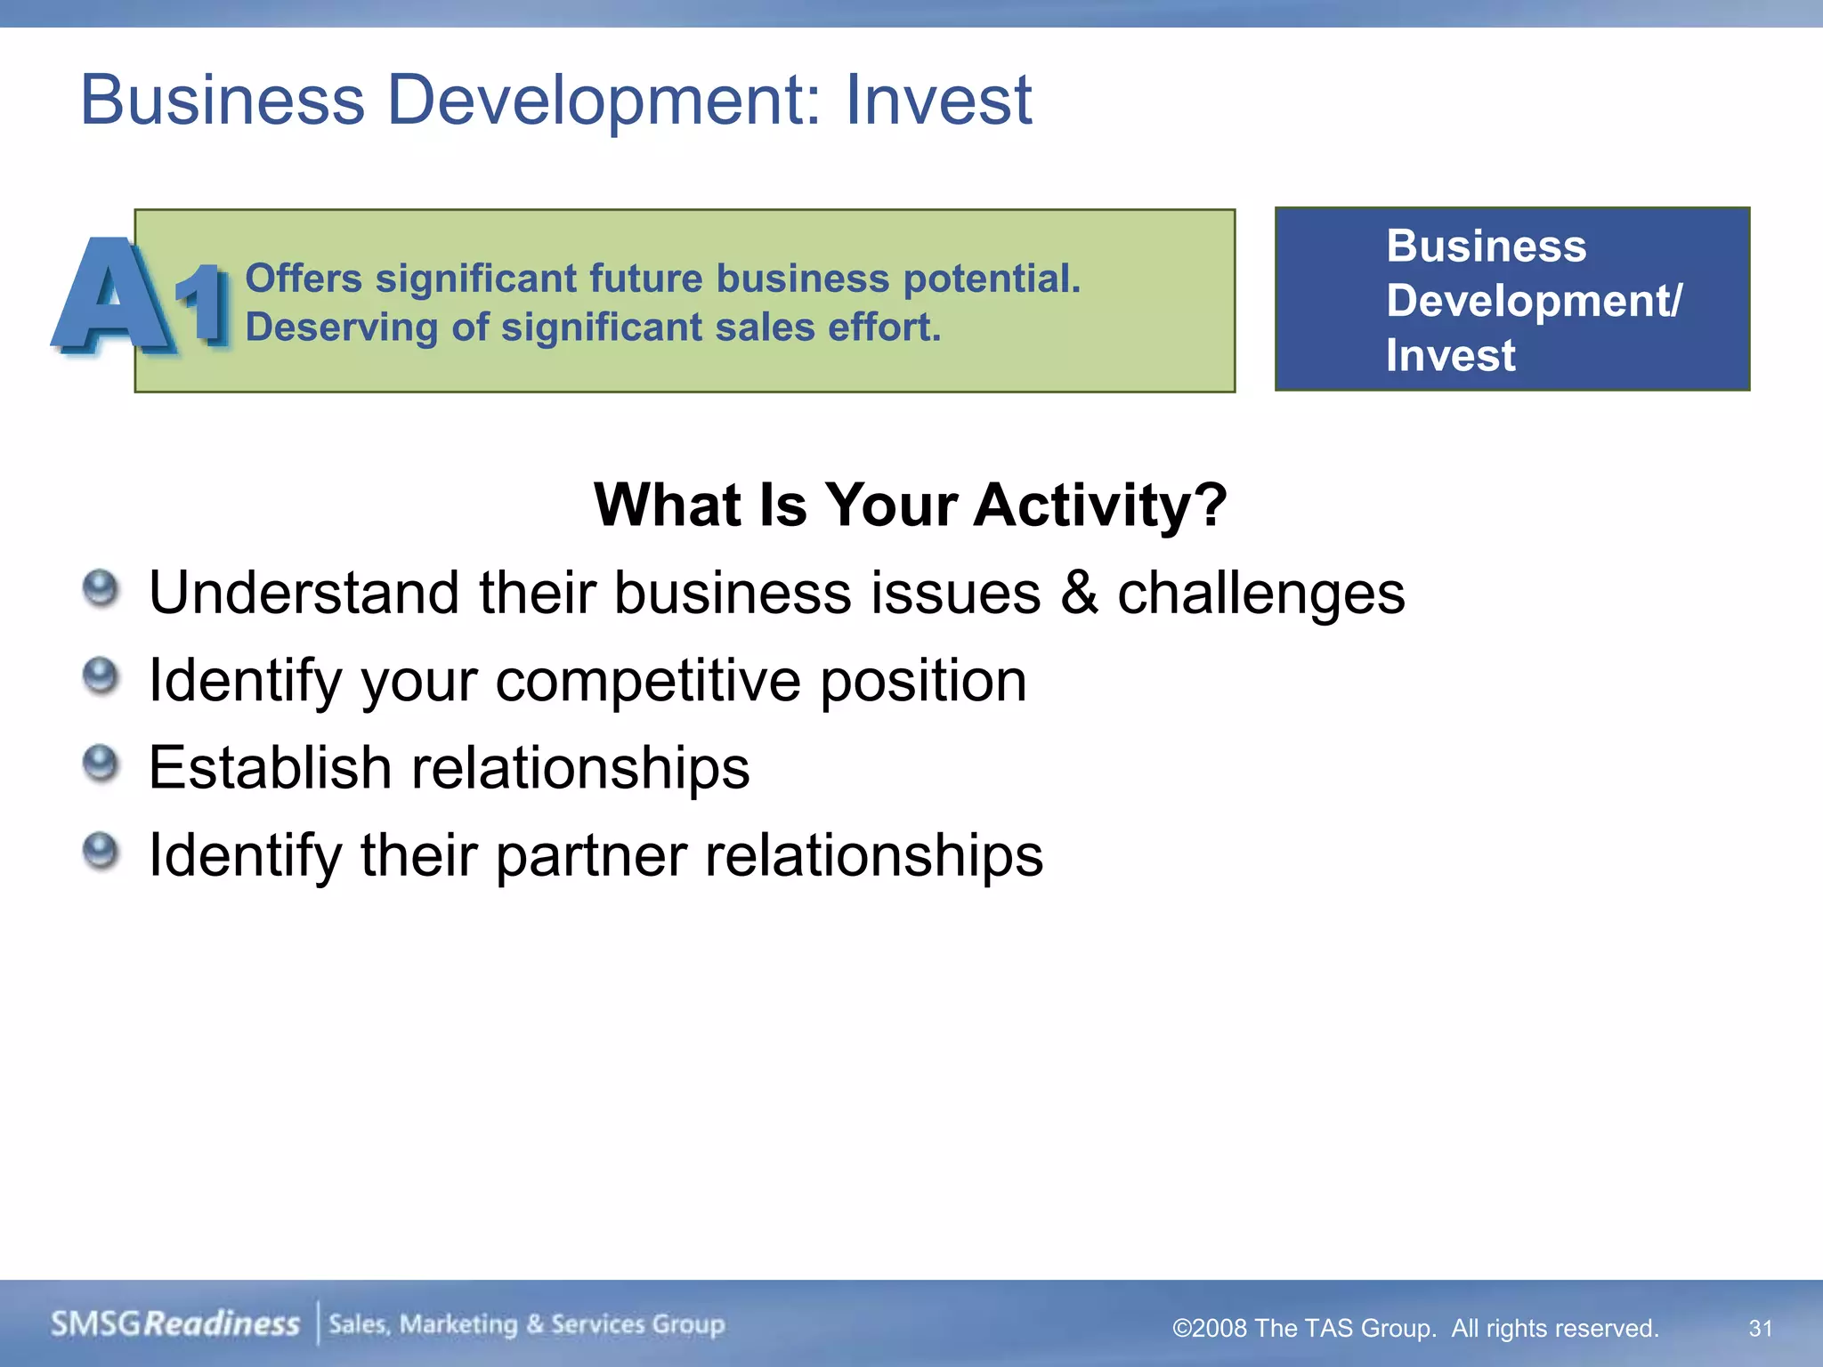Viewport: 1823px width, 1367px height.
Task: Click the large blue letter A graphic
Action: pos(110,298)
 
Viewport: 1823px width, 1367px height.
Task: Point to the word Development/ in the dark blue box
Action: pos(1534,301)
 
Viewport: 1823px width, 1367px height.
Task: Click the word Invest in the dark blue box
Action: pos(1450,356)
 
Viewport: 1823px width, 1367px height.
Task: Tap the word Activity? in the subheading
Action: pos(1099,506)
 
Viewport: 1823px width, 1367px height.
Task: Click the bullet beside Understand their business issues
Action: pos(101,589)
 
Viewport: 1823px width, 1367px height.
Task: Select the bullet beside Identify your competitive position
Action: pos(101,676)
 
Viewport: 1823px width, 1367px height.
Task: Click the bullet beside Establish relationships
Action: pos(101,764)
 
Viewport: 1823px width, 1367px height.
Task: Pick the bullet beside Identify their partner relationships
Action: pos(101,851)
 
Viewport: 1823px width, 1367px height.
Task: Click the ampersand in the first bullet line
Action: pos(1079,594)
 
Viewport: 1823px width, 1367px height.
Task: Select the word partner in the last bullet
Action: pos(590,856)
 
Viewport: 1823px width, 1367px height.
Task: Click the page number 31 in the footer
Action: pos(1760,1329)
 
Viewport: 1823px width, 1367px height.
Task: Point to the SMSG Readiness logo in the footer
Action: pos(175,1324)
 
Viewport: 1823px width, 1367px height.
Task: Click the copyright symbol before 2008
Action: pos(1181,1329)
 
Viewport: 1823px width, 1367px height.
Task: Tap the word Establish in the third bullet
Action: pos(270,768)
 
